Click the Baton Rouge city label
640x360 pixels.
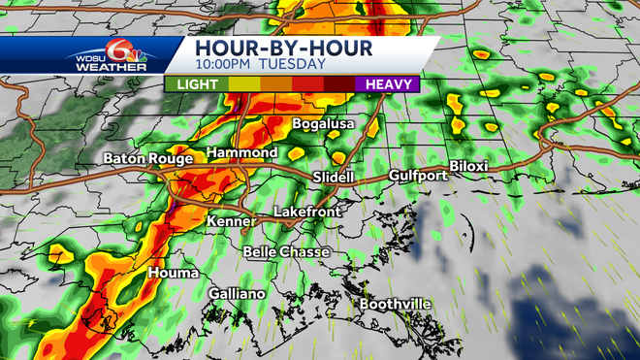pos(148,158)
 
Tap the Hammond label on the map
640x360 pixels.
pos(242,153)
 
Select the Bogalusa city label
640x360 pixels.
pos(324,124)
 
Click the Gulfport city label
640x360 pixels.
pos(417,176)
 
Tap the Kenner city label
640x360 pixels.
pos(230,221)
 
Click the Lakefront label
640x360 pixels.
pos(304,211)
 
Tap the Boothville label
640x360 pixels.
pos(395,304)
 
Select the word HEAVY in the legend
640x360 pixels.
pos(387,84)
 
